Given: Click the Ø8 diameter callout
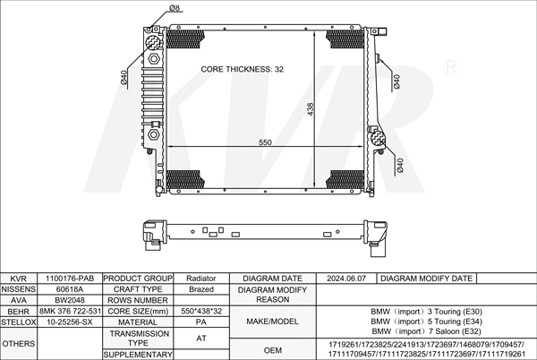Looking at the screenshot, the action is pyautogui.click(x=175, y=7).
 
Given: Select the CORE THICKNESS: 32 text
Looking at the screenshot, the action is pyautogui.click(x=243, y=69).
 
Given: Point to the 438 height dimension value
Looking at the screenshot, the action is pyautogui.click(x=311, y=109).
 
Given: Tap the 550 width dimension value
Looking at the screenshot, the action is pyautogui.click(x=265, y=142).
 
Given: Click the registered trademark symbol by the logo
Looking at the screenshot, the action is pyautogui.click(x=451, y=67).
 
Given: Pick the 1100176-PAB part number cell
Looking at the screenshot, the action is pyautogui.click(x=70, y=279).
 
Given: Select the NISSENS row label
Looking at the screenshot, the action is pyautogui.click(x=19, y=289).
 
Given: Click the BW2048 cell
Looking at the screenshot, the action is pyautogui.click(x=70, y=300).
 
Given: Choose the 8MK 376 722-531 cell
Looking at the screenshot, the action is pyautogui.click(x=70, y=311).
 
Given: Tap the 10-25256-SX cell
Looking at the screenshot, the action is pyautogui.click(x=70, y=322).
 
